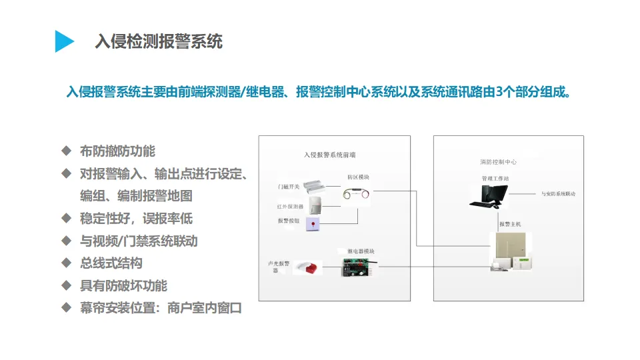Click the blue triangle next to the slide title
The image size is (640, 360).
coord(64,41)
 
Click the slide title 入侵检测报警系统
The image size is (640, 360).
coord(159,41)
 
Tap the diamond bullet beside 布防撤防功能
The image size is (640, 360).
coord(66,151)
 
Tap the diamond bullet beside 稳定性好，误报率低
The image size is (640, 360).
coord(66,218)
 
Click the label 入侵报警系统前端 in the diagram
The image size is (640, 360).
coord(329,155)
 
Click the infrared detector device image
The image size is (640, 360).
coord(316,205)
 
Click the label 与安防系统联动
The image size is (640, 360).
coord(558,194)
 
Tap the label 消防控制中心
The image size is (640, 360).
coord(498,162)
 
